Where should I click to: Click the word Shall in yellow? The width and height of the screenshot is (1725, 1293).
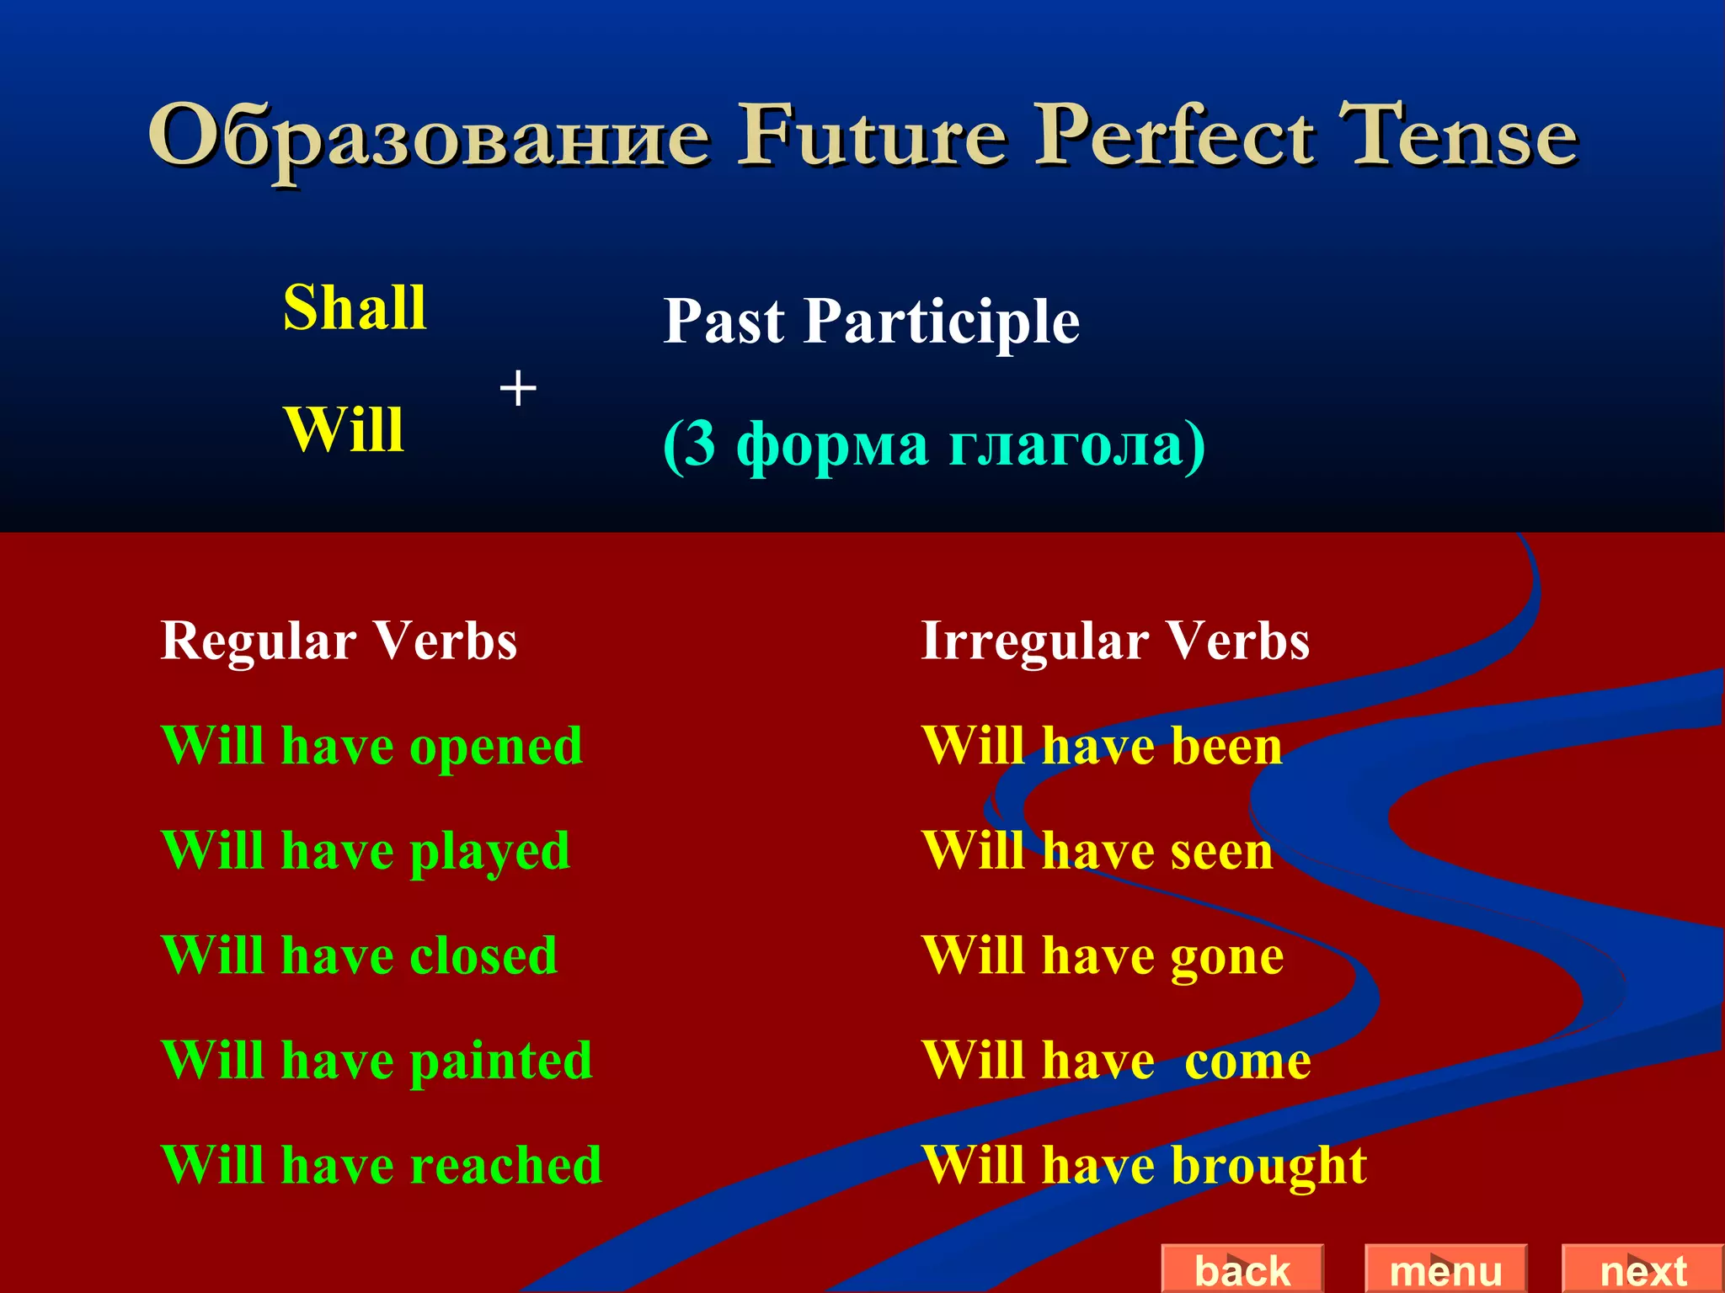coord(355,308)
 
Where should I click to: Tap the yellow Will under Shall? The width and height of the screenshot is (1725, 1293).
coord(344,430)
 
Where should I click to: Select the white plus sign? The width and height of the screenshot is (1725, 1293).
coord(518,389)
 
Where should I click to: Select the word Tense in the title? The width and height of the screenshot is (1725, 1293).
coord(1459,136)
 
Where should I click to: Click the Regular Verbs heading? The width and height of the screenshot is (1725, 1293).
coord(339,641)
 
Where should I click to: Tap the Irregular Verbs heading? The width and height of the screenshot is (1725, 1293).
coord(1115,641)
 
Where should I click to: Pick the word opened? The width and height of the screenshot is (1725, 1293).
coord(496,748)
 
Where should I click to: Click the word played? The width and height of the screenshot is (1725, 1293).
coord(489,853)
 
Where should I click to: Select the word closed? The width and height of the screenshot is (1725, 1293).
coord(483,956)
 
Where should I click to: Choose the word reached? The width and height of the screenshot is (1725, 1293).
coord(506,1166)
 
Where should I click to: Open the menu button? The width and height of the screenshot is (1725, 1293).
coord(1445,1269)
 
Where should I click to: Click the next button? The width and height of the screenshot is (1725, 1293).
coord(1642,1269)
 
